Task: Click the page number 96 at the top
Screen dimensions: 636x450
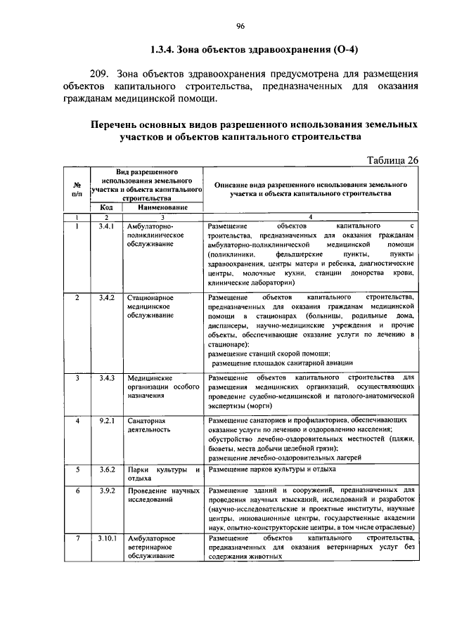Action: click(240, 27)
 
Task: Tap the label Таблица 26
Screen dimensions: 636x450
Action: click(393, 160)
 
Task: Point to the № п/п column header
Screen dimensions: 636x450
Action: click(77, 188)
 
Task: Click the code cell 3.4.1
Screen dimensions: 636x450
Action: click(106, 226)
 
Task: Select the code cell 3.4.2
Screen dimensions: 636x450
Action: click(106, 298)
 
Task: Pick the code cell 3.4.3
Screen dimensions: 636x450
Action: click(106, 378)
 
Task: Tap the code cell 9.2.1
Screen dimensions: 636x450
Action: click(106, 420)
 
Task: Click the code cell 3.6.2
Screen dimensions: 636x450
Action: click(106, 468)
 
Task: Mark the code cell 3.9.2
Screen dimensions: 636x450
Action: click(106, 490)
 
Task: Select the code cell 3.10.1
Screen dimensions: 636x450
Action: click(107, 538)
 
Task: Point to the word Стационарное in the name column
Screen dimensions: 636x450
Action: click(150, 298)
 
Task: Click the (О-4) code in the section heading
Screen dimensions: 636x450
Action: click(322, 51)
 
